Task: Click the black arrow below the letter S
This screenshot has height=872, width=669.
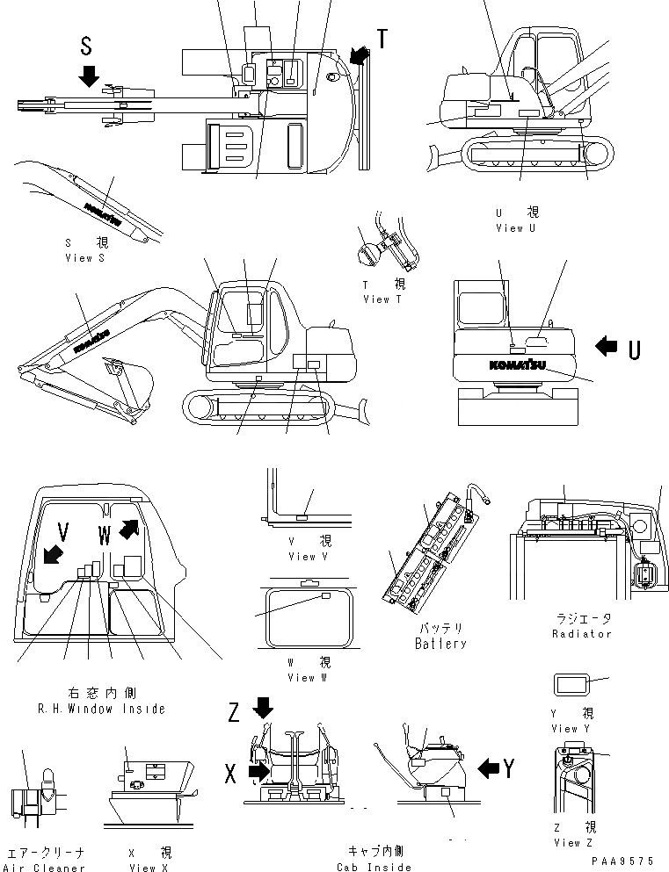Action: [88, 76]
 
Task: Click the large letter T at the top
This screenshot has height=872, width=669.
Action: [382, 39]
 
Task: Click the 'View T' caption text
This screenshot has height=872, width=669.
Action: [382, 299]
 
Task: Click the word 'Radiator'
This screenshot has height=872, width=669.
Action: [582, 633]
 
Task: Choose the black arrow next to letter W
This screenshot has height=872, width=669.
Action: [128, 530]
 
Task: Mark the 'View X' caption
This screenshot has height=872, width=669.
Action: [142, 868]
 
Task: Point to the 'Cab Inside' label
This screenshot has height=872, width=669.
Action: [375, 868]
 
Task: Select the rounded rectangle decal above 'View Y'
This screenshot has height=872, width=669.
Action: [571, 684]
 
